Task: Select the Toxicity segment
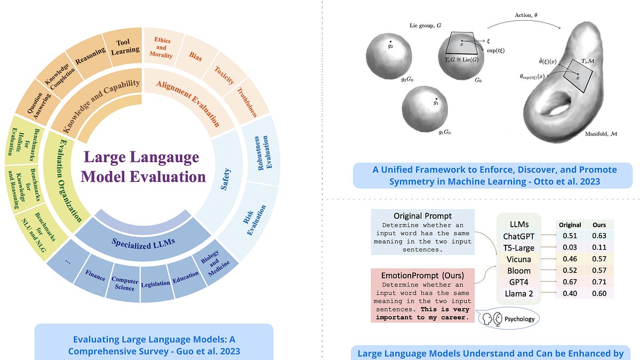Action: click(x=225, y=75)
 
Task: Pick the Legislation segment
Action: click(x=156, y=283)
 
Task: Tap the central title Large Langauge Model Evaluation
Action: click(x=143, y=167)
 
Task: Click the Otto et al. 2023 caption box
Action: click(x=492, y=175)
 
